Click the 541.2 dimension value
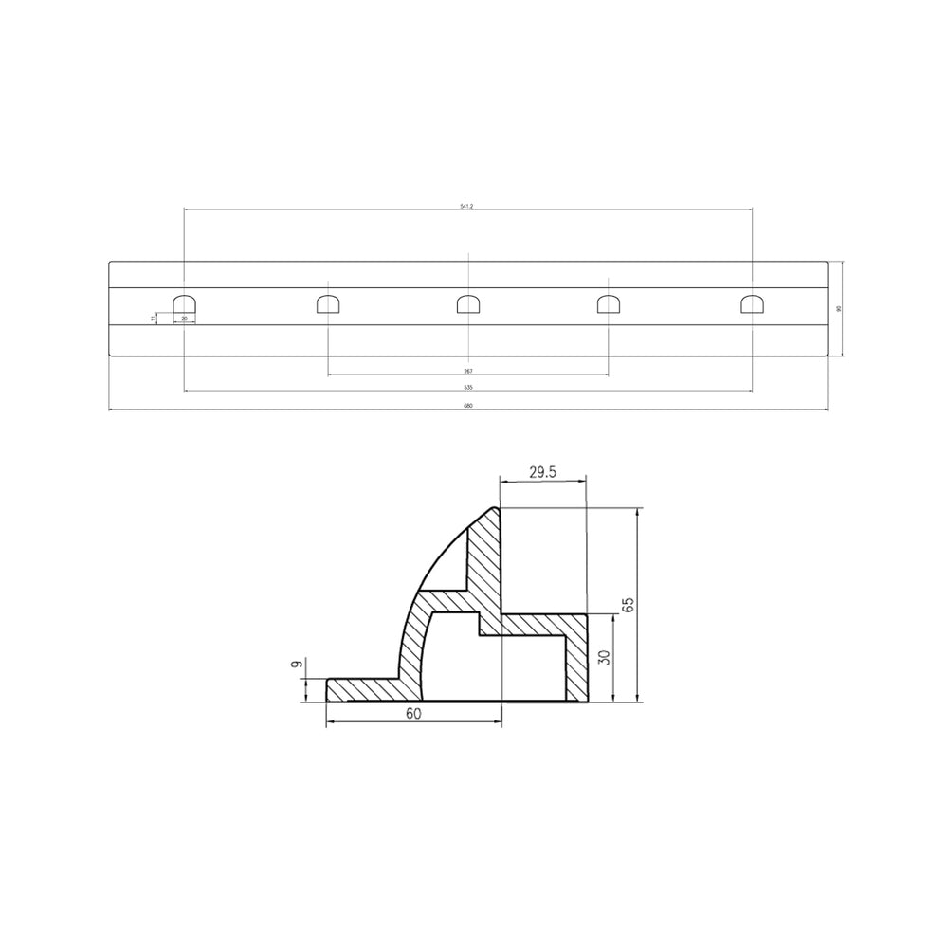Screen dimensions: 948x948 coord(466,206)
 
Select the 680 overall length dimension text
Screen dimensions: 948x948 coord(467,406)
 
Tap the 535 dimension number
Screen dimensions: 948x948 coord(467,387)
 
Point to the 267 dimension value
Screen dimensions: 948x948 coord(467,372)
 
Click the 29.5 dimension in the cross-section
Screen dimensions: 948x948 coord(542,470)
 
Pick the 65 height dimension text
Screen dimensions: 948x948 coord(652,605)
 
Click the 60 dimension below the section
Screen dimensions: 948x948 coord(413,715)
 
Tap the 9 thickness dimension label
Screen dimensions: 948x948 coord(297,666)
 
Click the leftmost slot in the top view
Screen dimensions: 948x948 coord(184,303)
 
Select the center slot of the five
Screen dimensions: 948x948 coord(468,303)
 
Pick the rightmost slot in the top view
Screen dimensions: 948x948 coord(753,303)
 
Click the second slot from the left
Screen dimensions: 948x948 coord(327,303)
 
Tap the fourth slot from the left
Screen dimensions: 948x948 coord(609,303)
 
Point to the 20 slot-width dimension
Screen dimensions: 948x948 coord(184,319)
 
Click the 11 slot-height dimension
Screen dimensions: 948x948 coord(154,318)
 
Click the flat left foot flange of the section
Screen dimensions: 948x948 coord(360,689)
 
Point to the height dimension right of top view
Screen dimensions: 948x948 coord(838,308)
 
